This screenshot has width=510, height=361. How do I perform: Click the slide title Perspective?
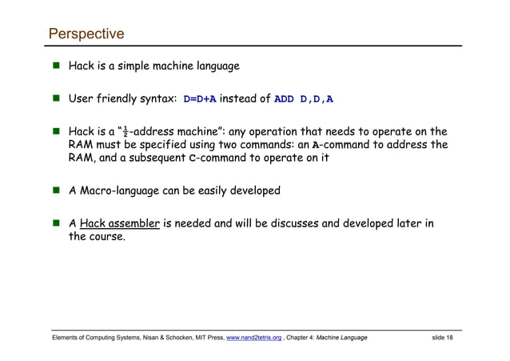coord(86,34)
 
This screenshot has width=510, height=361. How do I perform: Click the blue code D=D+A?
coord(200,99)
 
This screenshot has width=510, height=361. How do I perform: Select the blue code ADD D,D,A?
coord(304,99)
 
